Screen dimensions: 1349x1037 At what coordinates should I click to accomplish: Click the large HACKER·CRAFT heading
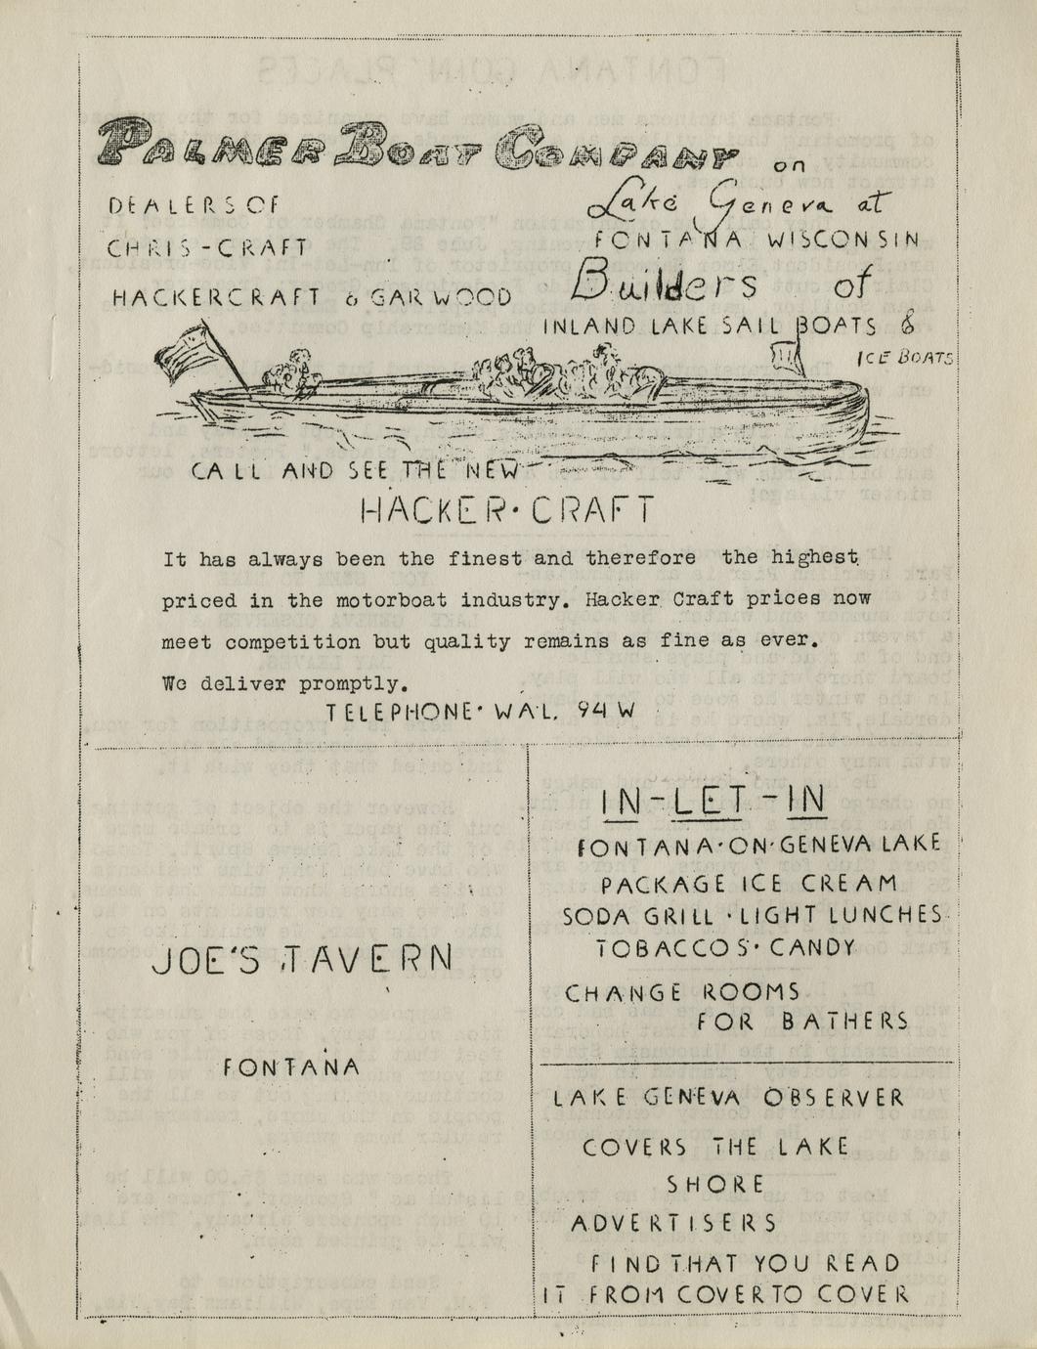click(506, 509)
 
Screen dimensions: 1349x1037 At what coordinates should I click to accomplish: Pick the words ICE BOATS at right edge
click(905, 359)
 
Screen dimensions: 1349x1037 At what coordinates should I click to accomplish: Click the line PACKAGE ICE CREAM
click(761, 884)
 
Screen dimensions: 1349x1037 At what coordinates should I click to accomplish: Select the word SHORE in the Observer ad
click(714, 1184)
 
